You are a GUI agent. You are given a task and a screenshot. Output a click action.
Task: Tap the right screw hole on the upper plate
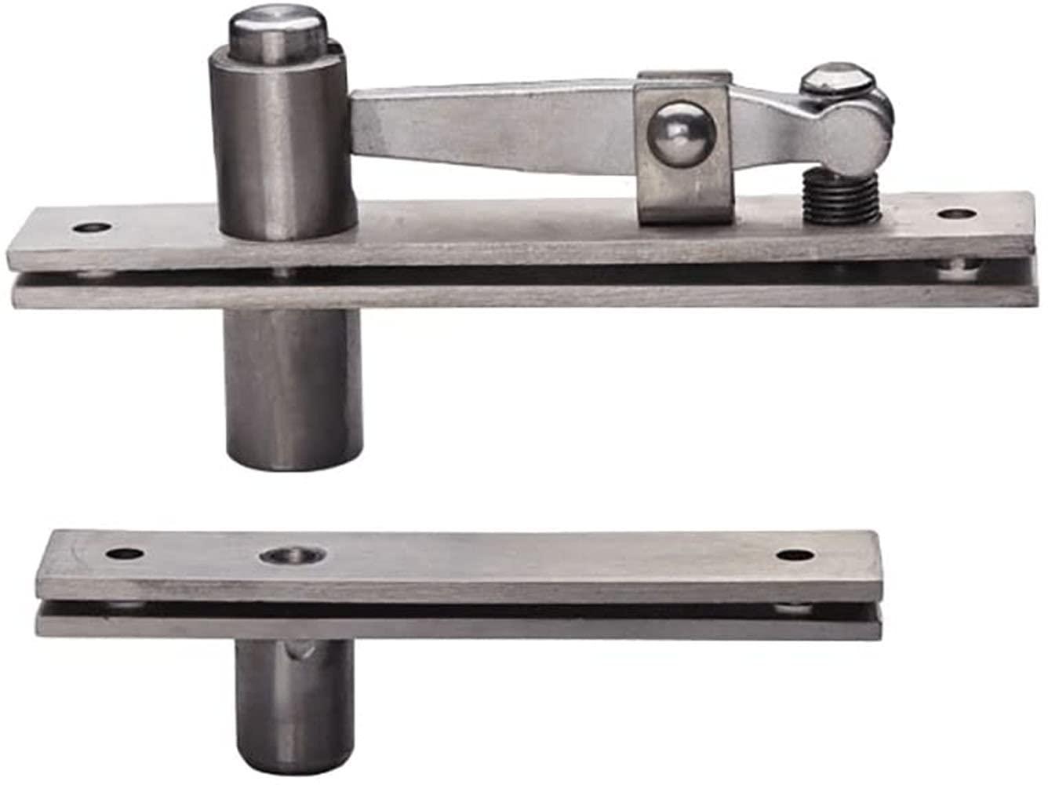click(x=955, y=213)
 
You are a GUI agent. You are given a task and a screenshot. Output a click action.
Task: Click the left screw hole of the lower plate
click(x=125, y=553)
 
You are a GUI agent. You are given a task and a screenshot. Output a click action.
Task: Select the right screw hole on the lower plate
click(x=795, y=555)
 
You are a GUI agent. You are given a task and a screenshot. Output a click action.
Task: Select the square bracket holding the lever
click(x=684, y=149)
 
